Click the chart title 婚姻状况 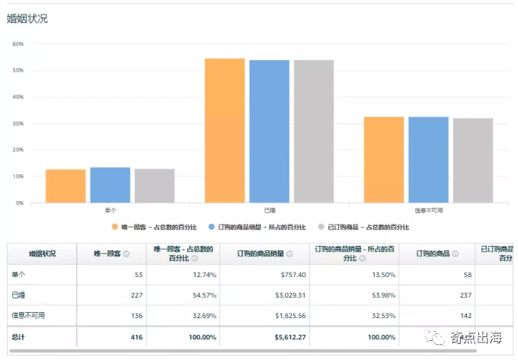pos(27,18)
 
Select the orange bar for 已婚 pos(225,130)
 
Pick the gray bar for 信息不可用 pos(473,160)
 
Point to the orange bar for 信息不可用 pos(384,159)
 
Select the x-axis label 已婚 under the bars pos(270,209)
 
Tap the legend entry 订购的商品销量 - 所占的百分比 pos(261,227)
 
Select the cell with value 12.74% pos(200,274)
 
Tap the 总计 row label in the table pos(19,336)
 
